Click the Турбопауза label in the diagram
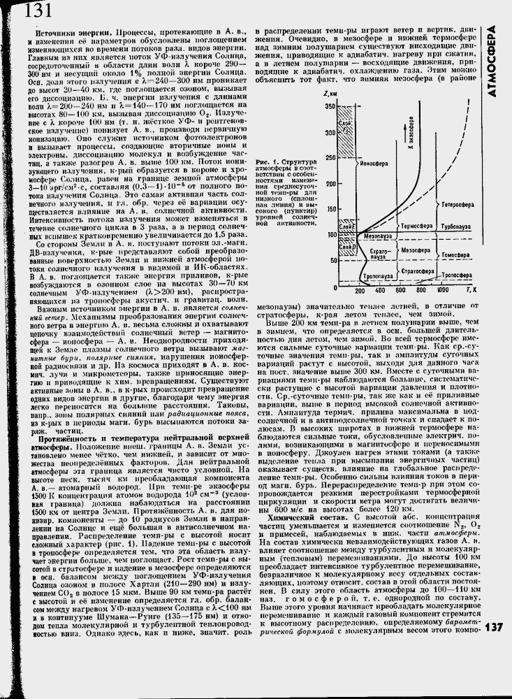(x=459, y=227)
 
